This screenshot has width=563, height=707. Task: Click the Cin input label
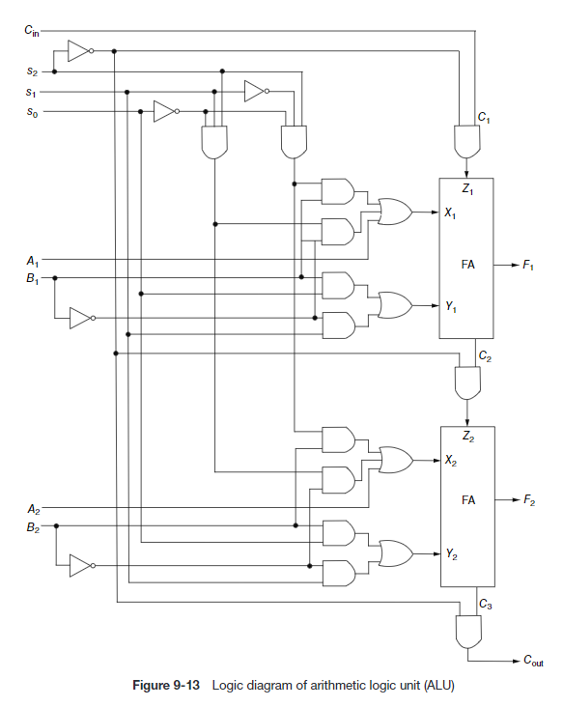point(33,31)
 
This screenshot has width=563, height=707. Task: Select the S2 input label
point(33,71)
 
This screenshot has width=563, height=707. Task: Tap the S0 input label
point(33,112)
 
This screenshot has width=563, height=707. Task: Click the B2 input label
point(33,526)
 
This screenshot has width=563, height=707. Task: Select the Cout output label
point(533,662)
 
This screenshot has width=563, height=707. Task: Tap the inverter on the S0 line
point(165,112)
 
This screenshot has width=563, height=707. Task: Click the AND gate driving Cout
point(466,632)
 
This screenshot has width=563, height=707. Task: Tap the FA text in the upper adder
point(467,263)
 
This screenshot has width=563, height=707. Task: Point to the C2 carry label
point(485,355)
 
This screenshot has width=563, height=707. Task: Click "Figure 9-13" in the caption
point(165,686)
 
